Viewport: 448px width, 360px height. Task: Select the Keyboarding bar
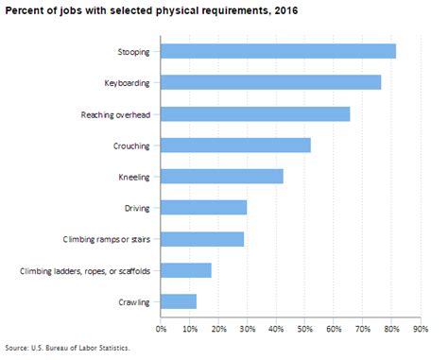pyautogui.click(x=270, y=82)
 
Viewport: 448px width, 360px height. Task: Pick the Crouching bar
pyautogui.click(x=235, y=146)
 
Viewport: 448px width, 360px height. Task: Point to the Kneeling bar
pyautogui.click(x=222, y=177)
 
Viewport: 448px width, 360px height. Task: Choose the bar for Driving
pyautogui.click(x=203, y=208)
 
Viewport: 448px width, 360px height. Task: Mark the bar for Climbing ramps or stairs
pyautogui.click(x=202, y=239)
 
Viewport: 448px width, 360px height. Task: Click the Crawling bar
pyautogui.click(x=179, y=301)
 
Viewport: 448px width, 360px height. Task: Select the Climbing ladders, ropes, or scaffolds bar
pyautogui.click(x=185, y=270)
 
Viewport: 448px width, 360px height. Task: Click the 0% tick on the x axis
pyautogui.click(x=161, y=329)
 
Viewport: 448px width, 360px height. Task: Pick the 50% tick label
pyautogui.click(x=305, y=329)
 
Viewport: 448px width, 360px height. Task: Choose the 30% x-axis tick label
pyautogui.click(x=248, y=329)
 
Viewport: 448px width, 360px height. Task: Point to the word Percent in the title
pyautogui.click(x=25, y=12)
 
